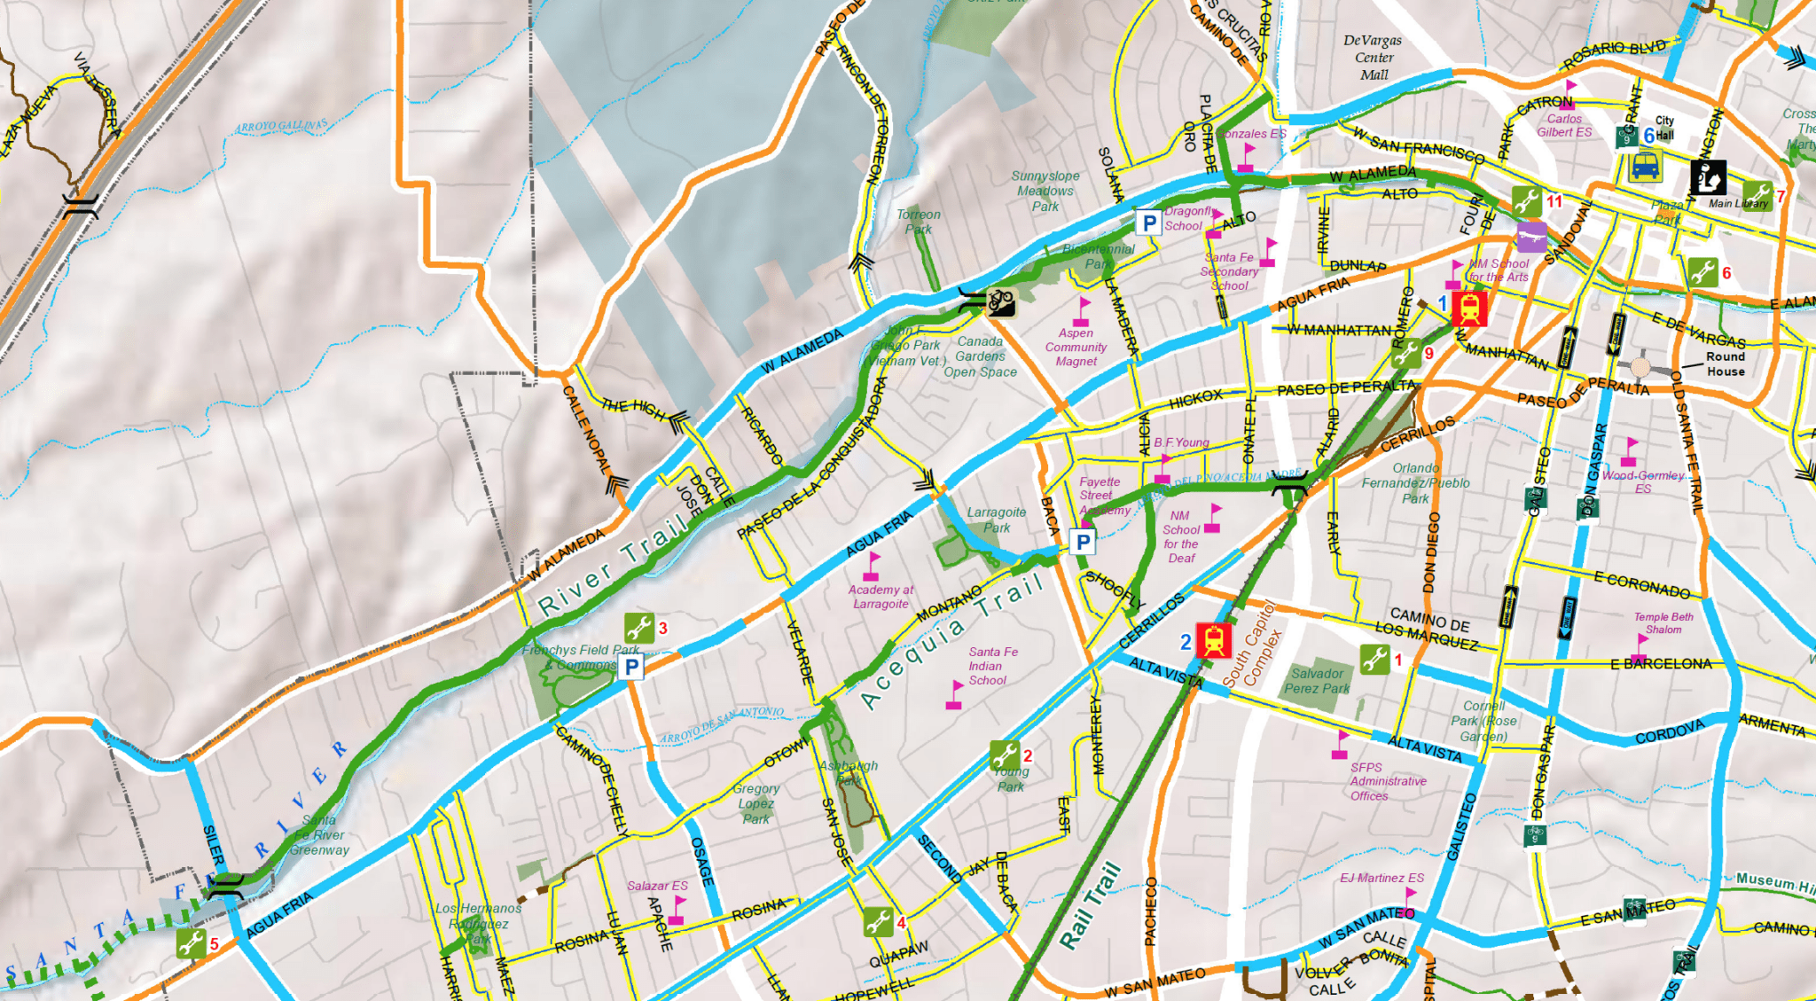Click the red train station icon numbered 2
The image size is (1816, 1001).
1214,640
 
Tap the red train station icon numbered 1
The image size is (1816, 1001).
1469,309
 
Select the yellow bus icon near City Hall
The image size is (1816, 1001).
1646,166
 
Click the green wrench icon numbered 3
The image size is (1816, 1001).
638,628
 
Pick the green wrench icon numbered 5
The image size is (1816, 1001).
192,942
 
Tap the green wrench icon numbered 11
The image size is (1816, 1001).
1526,201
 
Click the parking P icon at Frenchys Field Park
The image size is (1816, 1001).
630,667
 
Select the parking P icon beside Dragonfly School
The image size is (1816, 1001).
1149,223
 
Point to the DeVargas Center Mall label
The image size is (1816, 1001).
1373,58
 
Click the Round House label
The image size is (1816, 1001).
1726,364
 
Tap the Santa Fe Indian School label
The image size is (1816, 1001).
992,666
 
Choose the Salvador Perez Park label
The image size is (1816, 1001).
1317,681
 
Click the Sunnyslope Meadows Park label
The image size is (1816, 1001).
1045,191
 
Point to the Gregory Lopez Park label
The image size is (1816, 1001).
756,803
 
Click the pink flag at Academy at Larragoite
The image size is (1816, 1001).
873,564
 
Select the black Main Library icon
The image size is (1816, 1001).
1708,177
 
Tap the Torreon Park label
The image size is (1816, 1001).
919,222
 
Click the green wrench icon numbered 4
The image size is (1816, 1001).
878,922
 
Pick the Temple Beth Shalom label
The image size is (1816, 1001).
1663,622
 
